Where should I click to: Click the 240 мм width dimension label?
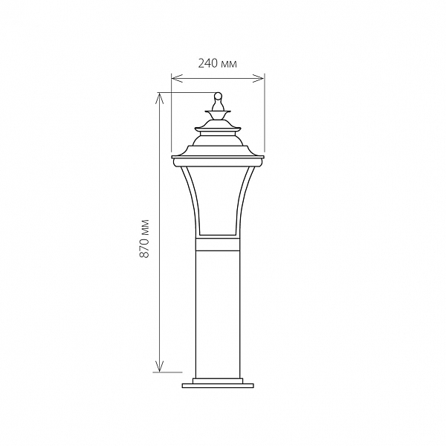[x=217, y=64]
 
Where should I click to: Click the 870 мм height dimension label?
[x=145, y=239]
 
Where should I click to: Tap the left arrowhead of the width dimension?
[x=177, y=78]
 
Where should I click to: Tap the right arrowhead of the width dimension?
[x=259, y=78]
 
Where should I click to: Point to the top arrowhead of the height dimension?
[x=160, y=98]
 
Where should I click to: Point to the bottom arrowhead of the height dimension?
[x=160, y=366]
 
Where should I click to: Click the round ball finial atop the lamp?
[x=218, y=95]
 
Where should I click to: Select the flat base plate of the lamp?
[x=218, y=386]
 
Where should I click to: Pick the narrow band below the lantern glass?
[x=218, y=244]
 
